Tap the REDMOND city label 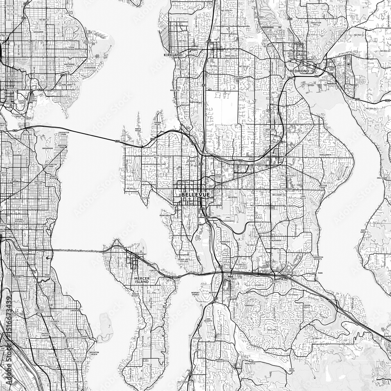300,71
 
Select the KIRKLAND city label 173,56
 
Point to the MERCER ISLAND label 141,280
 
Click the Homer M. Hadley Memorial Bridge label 80,251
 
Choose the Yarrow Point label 158,124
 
